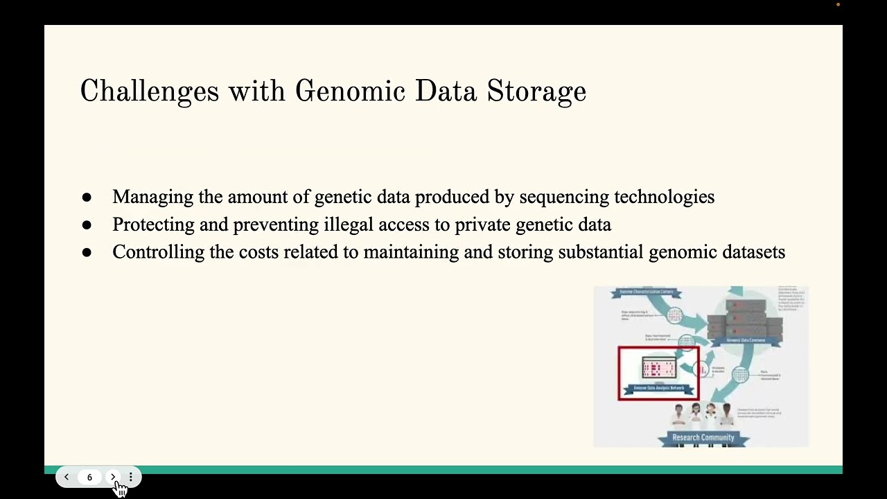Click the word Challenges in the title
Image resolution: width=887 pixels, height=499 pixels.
[x=149, y=91]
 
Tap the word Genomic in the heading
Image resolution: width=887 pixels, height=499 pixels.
[x=350, y=91]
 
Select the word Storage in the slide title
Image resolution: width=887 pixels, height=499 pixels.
[x=536, y=91]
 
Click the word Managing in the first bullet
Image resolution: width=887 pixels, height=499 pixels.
[x=152, y=198]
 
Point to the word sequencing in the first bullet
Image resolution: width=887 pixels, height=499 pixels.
[x=564, y=198]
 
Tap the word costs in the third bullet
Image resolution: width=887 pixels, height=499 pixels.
[x=258, y=252]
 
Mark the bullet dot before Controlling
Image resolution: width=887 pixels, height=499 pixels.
[x=87, y=253]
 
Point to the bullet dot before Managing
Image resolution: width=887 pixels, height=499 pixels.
[x=87, y=198]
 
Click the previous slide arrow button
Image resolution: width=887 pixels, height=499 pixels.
[x=67, y=477]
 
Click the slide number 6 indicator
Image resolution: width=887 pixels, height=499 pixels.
[x=89, y=477]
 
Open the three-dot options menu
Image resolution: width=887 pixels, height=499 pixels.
[x=130, y=477]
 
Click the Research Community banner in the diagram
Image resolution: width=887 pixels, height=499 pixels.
[x=703, y=437]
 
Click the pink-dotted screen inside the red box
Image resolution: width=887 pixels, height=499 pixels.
[x=658, y=368]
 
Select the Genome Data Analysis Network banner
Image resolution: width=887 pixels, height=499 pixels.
[x=658, y=388]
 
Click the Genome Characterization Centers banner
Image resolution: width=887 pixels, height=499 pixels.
[x=646, y=292]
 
